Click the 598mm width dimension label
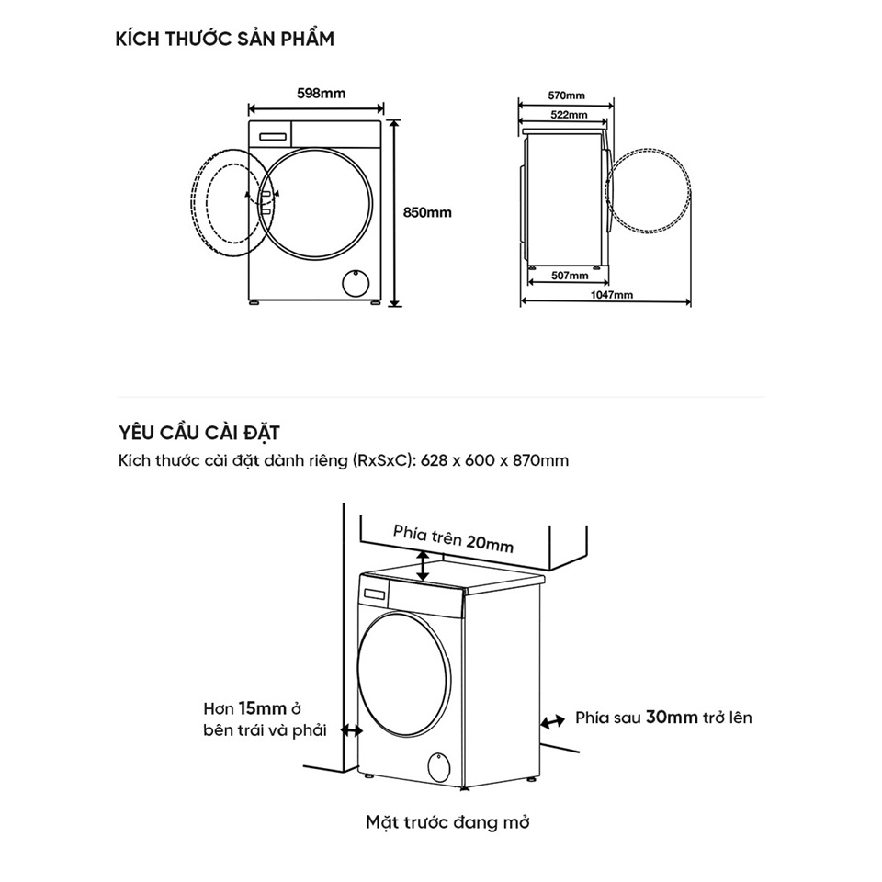click(322, 94)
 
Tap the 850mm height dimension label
click(427, 212)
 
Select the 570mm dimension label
click(567, 96)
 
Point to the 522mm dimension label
click(569, 115)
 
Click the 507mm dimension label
click(570, 275)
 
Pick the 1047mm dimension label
click(612, 295)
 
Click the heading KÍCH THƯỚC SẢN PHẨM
click(225, 39)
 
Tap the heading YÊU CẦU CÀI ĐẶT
click(199, 433)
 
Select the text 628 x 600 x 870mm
click(494, 460)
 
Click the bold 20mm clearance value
click(490, 543)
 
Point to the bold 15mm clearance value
click(262, 708)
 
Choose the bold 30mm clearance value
click(672, 718)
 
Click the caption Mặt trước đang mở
click(447, 821)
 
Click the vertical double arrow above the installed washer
click(423, 566)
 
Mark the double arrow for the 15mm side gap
click(353, 730)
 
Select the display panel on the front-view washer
click(273, 136)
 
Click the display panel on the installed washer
click(375, 594)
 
